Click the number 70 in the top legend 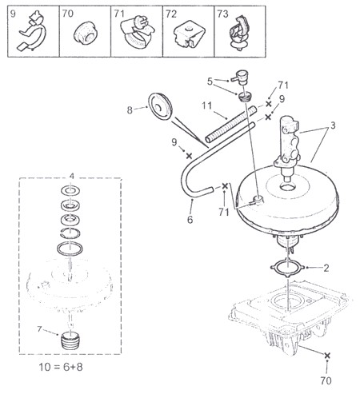point(67,14)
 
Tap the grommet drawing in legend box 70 point(85,34)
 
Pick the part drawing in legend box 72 point(190,34)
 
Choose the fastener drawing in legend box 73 point(239,33)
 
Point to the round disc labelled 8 point(160,106)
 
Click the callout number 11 point(206,105)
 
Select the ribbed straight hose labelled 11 point(231,124)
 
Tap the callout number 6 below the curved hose point(190,220)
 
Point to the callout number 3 point(333,125)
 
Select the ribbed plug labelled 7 point(70,340)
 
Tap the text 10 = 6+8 point(61,367)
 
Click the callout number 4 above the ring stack point(72,176)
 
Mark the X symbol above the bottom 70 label point(327,356)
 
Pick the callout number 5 point(210,82)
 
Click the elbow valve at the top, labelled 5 point(240,77)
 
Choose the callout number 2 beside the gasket point(326,268)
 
